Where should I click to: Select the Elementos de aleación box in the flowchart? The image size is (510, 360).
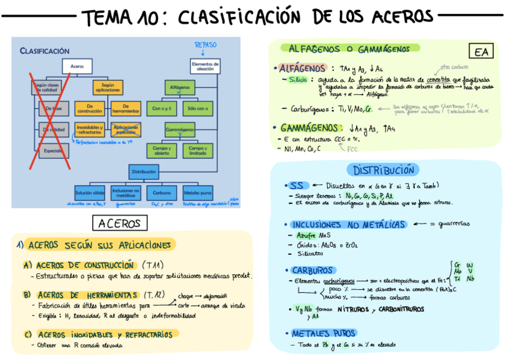point(201,66)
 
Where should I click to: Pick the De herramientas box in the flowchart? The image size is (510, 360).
point(125,109)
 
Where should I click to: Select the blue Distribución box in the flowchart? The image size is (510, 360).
point(143,172)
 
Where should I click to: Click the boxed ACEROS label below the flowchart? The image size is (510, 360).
point(119,224)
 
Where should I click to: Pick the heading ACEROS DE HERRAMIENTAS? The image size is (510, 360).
point(87,294)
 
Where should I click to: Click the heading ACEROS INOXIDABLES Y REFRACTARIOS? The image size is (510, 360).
point(104,334)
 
